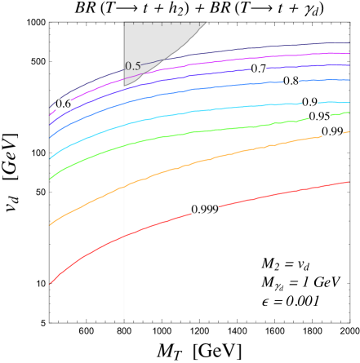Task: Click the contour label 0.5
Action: point(133,66)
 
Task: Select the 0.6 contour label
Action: point(63,104)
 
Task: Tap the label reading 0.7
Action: point(259,69)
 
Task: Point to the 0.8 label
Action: point(291,81)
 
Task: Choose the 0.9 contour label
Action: point(310,103)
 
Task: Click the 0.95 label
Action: point(320,117)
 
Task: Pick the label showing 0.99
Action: point(332,131)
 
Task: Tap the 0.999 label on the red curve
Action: point(204,210)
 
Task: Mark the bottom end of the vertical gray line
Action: point(124,317)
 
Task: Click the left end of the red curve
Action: point(51,283)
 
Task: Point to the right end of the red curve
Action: point(349,182)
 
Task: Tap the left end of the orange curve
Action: point(51,224)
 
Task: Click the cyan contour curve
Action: point(204,110)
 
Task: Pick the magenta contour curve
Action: point(204,66)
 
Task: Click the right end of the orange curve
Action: point(349,132)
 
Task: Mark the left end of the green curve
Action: point(51,178)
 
